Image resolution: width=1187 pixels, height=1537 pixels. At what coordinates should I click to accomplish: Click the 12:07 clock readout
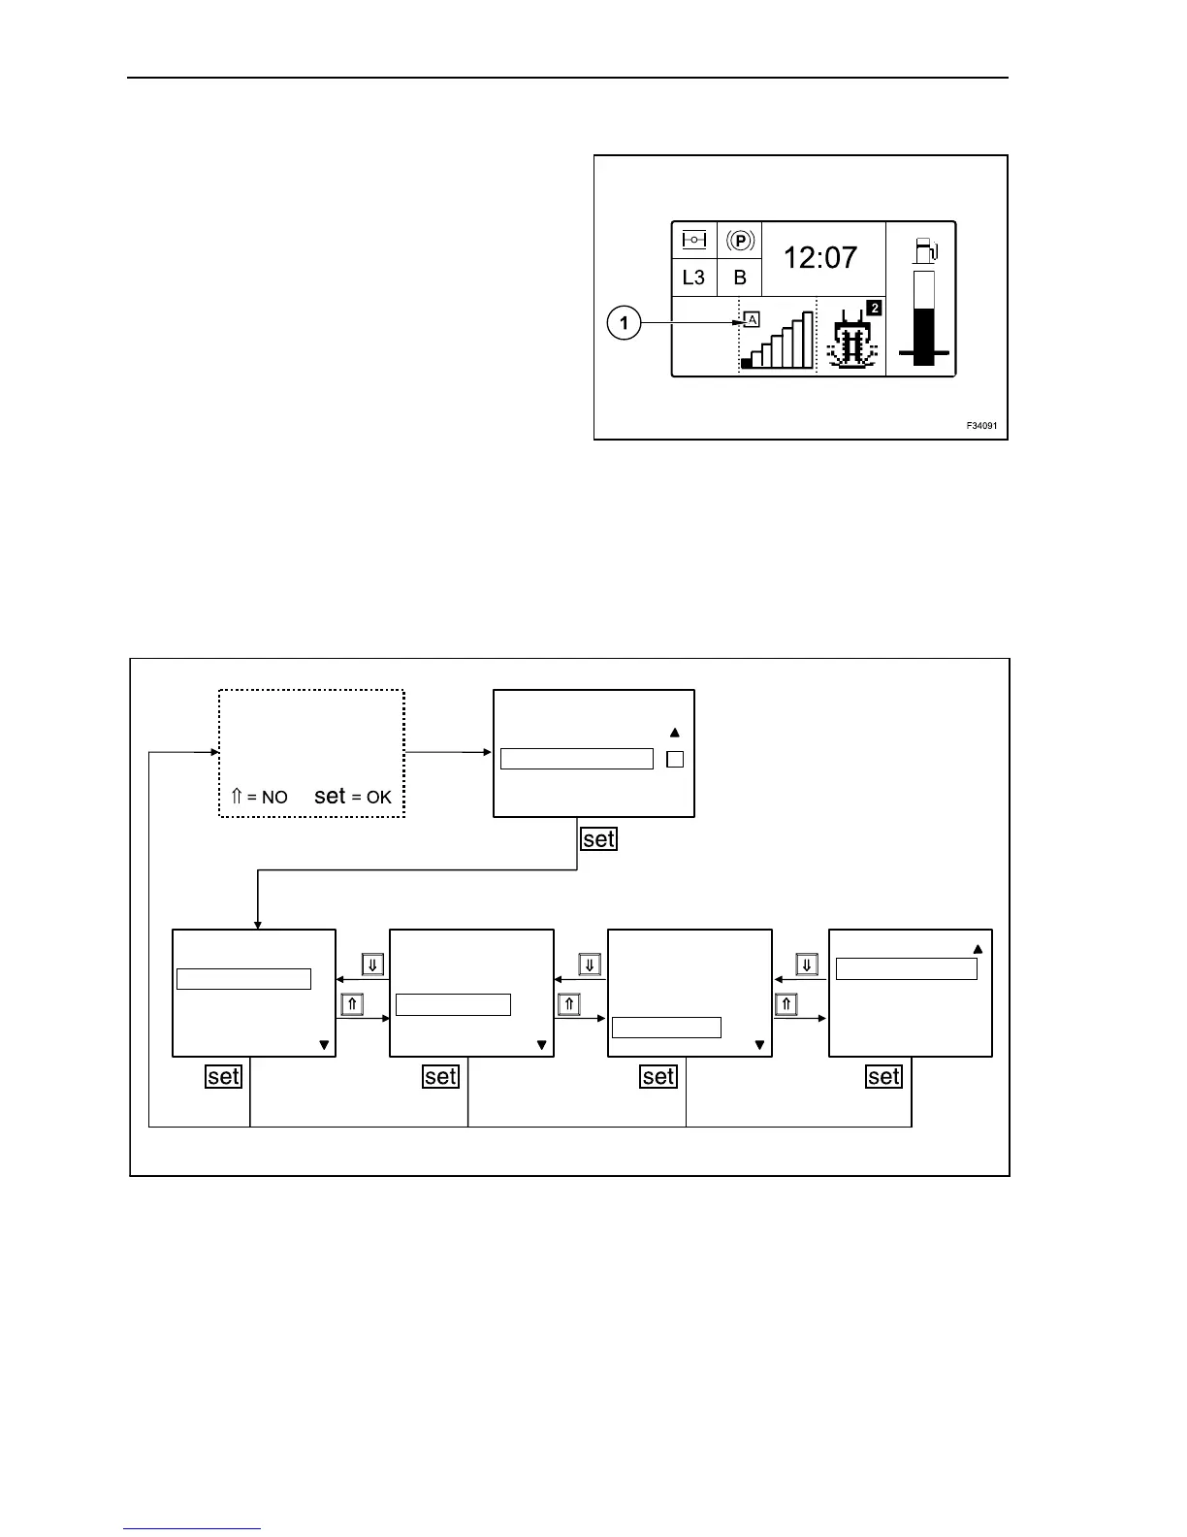[820, 258]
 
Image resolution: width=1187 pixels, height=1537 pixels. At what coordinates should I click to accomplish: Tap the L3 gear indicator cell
[693, 278]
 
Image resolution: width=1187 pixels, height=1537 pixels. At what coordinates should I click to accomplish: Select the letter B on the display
[740, 278]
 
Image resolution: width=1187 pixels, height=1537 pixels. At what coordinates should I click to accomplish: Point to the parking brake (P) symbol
[740, 241]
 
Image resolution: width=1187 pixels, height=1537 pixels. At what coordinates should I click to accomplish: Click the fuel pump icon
[925, 250]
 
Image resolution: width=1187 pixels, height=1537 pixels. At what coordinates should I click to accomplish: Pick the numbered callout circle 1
[625, 322]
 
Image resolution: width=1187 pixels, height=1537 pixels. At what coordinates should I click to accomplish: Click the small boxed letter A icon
[752, 319]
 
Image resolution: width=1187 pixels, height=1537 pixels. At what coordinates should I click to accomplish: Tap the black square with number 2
[874, 309]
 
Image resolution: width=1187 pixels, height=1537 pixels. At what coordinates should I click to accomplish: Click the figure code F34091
[980, 426]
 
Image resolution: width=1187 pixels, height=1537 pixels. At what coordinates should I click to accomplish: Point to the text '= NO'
[267, 798]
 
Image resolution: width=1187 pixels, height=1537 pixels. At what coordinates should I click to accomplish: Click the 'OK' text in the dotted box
[378, 798]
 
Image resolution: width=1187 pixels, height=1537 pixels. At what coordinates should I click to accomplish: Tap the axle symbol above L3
[693, 240]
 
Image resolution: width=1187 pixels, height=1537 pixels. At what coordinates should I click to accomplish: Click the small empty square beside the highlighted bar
[675, 760]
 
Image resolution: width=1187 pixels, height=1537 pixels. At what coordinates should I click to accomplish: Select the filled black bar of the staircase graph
[746, 363]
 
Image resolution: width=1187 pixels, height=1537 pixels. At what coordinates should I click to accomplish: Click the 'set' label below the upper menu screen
[598, 839]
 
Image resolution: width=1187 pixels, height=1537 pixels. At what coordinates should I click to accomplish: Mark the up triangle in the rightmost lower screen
[978, 950]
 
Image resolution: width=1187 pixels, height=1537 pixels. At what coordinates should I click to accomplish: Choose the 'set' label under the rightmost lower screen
[883, 1076]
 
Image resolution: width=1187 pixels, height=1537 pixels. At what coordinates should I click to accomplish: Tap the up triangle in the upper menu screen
[675, 734]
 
